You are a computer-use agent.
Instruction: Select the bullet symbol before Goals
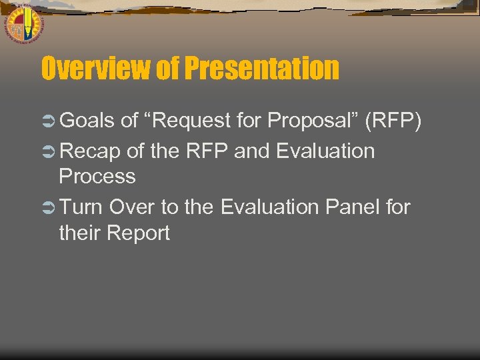[49, 121]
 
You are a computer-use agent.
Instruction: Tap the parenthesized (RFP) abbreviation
[393, 121]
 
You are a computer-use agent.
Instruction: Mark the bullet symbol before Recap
[49, 152]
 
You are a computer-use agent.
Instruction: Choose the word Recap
[90, 152]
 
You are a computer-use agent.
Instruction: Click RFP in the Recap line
[207, 151]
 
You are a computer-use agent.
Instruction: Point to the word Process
[97, 177]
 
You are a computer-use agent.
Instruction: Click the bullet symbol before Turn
[49, 207]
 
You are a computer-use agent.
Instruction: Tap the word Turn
[81, 207]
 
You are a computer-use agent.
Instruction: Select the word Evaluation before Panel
[271, 207]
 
